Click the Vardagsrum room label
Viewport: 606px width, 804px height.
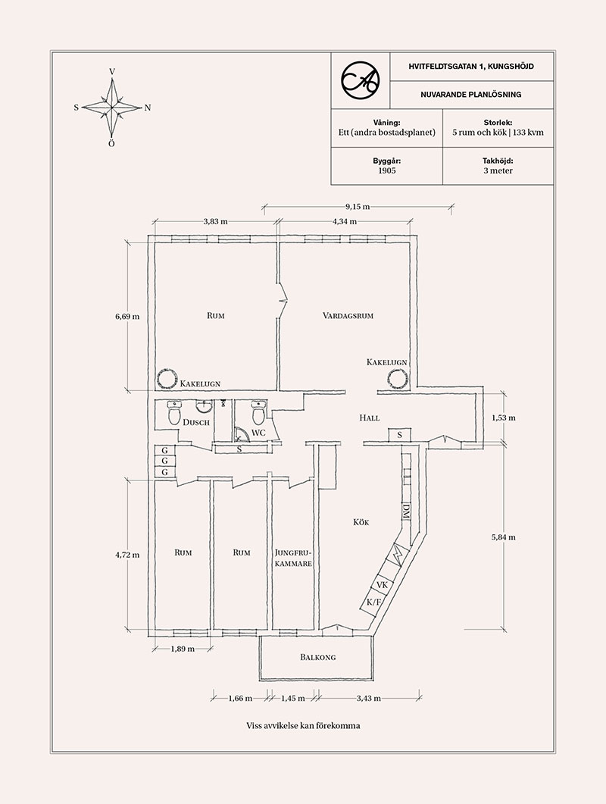pyautogui.click(x=348, y=315)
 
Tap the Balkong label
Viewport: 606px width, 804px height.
pyautogui.click(x=318, y=657)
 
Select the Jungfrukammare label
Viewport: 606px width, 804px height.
pyautogui.click(x=293, y=558)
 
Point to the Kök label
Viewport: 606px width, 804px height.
pyautogui.click(x=361, y=522)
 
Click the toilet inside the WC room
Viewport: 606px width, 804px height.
pyautogui.click(x=258, y=412)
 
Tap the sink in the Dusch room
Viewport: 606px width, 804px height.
pyautogui.click(x=204, y=407)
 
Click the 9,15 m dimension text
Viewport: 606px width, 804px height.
pyautogui.click(x=358, y=207)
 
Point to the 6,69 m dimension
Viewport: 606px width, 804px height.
pyautogui.click(x=127, y=316)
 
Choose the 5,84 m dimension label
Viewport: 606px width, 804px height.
pyautogui.click(x=504, y=537)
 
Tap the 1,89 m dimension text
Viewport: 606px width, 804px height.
pyautogui.click(x=183, y=649)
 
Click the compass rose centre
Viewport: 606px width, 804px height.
pyautogui.click(x=112, y=108)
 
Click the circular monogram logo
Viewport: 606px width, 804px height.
pyautogui.click(x=361, y=80)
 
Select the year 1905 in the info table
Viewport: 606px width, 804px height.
pyautogui.click(x=387, y=170)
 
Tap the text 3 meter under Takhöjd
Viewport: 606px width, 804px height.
pyautogui.click(x=498, y=170)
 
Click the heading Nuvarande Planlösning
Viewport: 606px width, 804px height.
pyautogui.click(x=471, y=95)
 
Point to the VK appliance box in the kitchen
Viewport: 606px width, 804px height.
pyautogui.click(x=382, y=585)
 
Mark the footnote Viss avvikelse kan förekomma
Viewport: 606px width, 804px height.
pyautogui.click(x=303, y=725)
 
